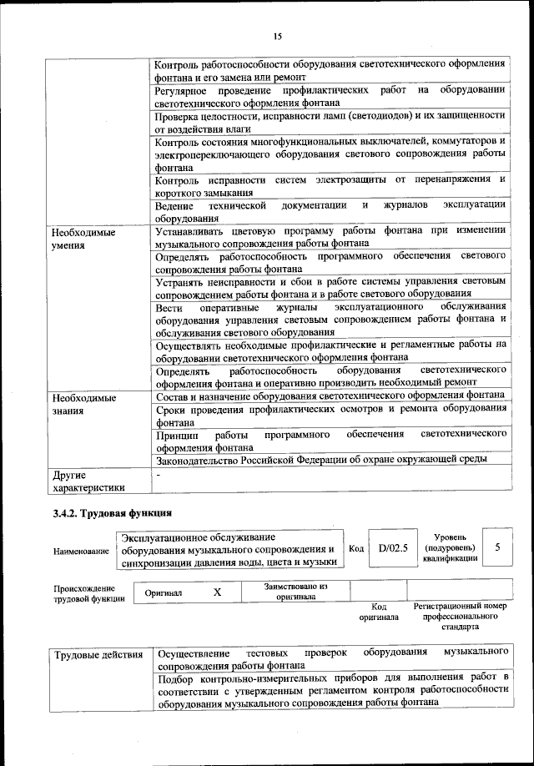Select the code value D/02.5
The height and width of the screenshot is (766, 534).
[391, 548]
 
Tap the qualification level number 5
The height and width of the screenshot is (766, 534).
[497, 548]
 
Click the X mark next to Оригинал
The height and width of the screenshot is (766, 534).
[217, 592]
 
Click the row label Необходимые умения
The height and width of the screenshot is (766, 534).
[83, 239]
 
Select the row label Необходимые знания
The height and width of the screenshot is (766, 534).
[83, 403]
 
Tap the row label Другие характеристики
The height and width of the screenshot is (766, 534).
[88, 480]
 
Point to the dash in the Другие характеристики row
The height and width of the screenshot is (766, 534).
[159, 473]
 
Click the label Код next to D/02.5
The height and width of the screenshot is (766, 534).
[355, 548]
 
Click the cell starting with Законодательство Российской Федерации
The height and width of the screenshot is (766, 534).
[321, 458]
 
